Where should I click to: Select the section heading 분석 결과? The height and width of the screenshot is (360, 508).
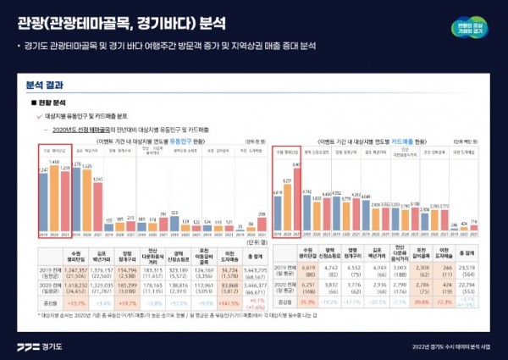41,85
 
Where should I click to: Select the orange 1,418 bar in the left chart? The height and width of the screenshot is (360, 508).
55,194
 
